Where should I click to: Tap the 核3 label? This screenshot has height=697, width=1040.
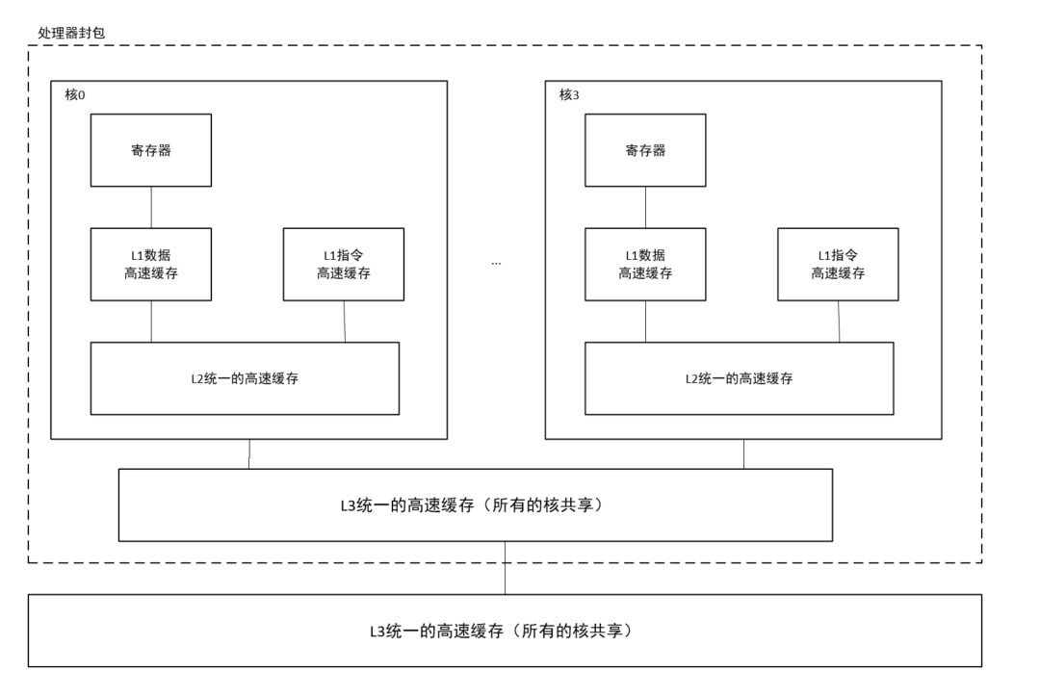click(x=570, y=95)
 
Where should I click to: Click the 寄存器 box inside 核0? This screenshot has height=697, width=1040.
click(x=151, y=150)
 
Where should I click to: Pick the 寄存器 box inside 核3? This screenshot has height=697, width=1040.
click(x=645, y=150)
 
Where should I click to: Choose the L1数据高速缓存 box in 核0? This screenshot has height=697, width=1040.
click(x=151, y=264)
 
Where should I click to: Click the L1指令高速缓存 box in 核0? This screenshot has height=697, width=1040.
click(x=344, y=264)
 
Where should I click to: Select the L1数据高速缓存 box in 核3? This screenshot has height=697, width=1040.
click(x=645, y=264)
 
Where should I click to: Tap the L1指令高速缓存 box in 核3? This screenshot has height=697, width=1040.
click(x=838, y=264)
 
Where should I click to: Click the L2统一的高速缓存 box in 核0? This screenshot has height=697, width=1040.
click(x=245, y=378)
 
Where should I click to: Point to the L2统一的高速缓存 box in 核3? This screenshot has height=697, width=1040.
click(x=739, y=378)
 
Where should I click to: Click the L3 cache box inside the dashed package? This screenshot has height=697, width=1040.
click(x=475, y=504)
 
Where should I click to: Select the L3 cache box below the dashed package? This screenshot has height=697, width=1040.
click(x=505, y=631)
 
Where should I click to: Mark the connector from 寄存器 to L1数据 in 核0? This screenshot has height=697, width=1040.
click(x=151, y=207)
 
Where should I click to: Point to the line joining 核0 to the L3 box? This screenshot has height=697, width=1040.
click(x=249, y=453)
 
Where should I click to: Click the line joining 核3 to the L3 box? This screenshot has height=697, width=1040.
click(x=743, y=453)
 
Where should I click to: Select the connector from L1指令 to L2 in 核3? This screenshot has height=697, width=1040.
click(x=839, y=321)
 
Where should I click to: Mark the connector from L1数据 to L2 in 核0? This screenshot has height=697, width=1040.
click(x=151, y=321)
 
